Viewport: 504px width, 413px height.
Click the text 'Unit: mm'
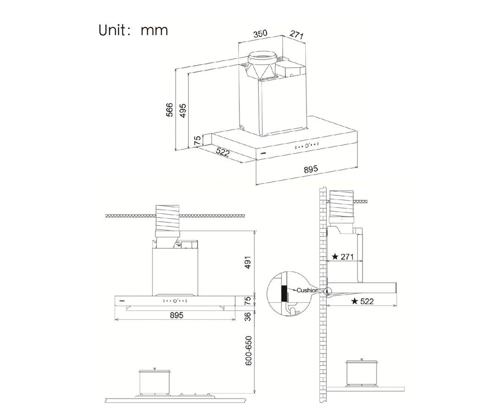(133, 30)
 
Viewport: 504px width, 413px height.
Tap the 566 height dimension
(170, 110)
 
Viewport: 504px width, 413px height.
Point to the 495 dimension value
(183, 110)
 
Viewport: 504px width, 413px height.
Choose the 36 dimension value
(248, 317)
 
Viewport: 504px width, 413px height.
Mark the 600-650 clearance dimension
(248, 351)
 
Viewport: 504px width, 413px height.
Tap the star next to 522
(354, 301)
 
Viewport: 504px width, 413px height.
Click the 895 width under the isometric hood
(311, 169)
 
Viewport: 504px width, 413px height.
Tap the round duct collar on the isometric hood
(263, 59)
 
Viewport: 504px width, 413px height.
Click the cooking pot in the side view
(362, 373)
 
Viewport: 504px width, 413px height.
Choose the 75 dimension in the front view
(248, 301)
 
